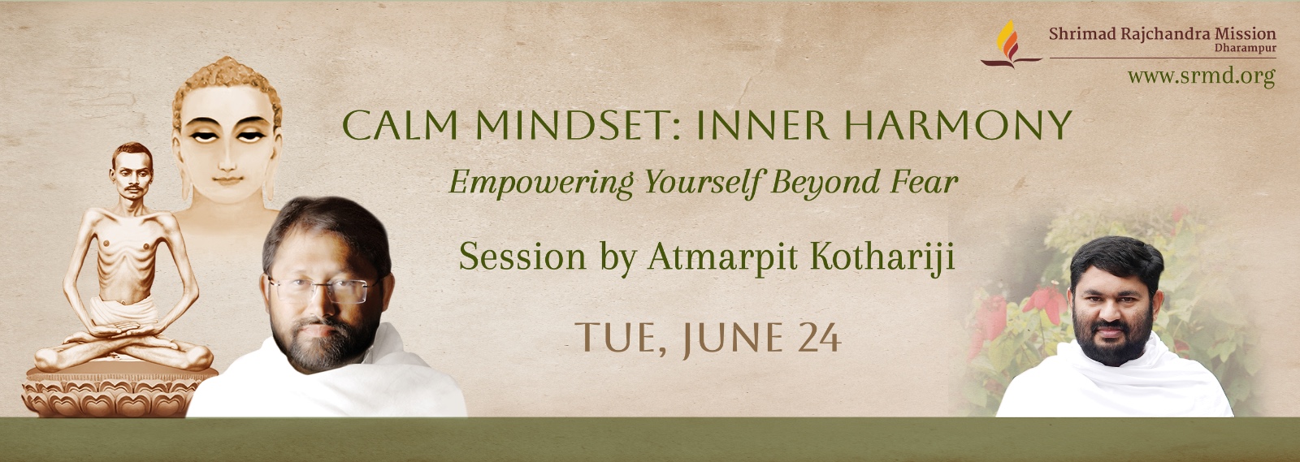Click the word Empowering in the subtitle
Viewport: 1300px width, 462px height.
pos(540,183)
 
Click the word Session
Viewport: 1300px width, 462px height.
pos(522,256)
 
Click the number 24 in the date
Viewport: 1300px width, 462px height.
pos(820,338)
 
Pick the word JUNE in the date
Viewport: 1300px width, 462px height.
pos(732,339)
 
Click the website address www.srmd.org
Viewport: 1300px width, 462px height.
pos(1202,76)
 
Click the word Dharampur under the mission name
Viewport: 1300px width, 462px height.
pos(1245,48)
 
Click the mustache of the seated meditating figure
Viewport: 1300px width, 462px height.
pos(133,188)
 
